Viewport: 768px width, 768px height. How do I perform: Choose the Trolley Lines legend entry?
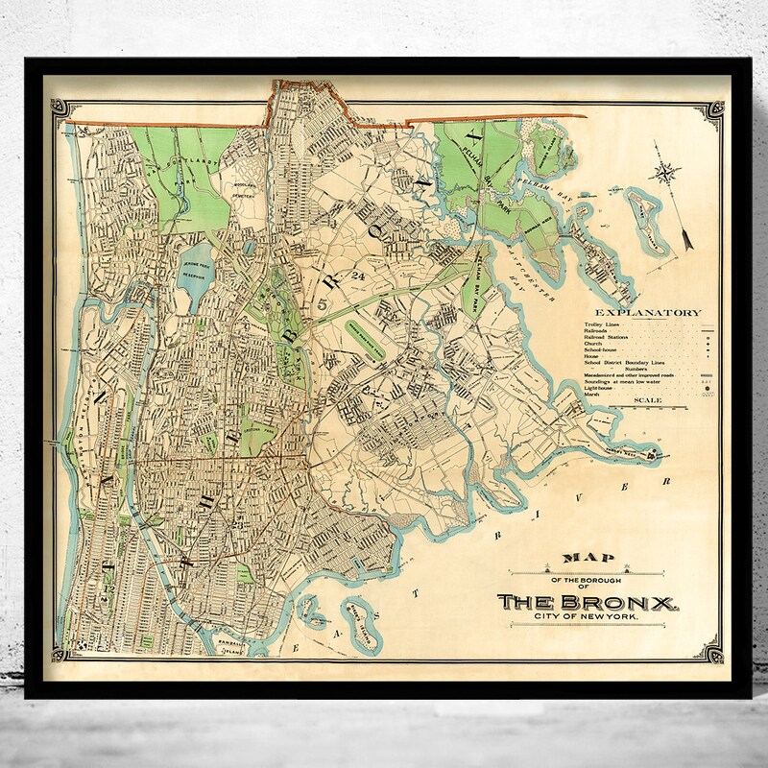coord(601,324)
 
